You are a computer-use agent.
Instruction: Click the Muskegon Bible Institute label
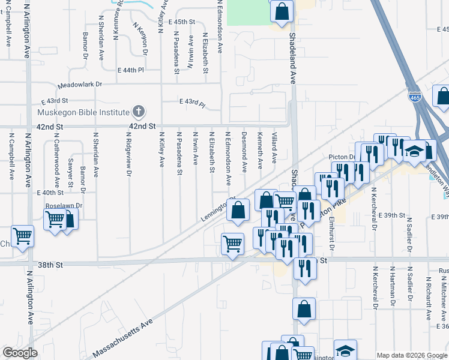[x=83, y=112]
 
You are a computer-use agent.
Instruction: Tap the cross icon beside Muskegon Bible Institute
[x=139, y=112]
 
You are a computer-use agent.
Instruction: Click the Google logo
[x=20, y=353]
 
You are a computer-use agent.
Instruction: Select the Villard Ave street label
[x=274, y=148]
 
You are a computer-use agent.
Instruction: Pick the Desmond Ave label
[x=244, y=149]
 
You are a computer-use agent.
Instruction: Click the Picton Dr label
[x=342, y=157]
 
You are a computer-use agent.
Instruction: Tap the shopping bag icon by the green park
[x=281, y=10]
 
